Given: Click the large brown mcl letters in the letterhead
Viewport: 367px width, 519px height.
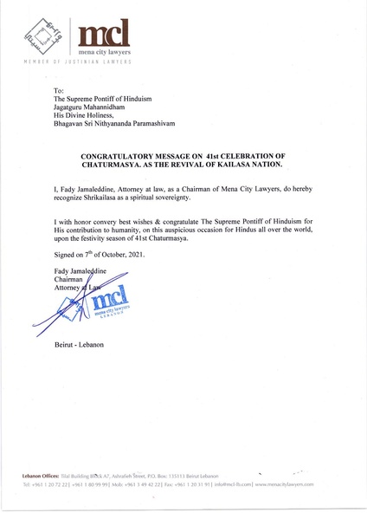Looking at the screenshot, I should pos(105,35).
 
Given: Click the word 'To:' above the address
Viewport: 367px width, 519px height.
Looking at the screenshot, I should pos(59,91).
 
